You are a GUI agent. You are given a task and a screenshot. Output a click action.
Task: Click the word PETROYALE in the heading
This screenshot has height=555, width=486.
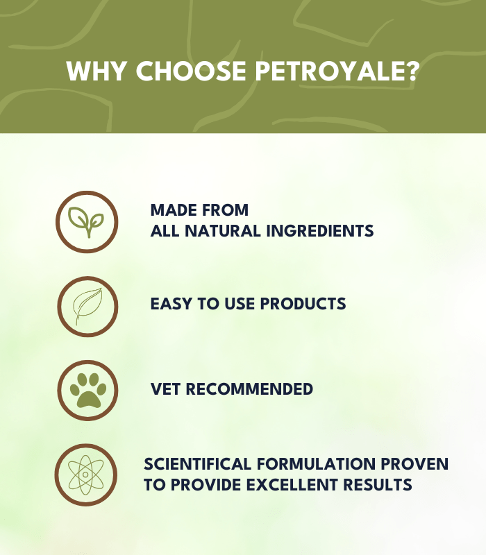[x=331, y=71]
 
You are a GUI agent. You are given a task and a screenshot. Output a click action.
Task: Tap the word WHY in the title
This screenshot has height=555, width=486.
[x=97, y=71]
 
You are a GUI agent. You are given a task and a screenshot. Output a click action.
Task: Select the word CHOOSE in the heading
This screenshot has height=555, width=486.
[x=191, y=71]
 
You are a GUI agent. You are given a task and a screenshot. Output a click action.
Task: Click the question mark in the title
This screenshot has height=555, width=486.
[x=413, y=71]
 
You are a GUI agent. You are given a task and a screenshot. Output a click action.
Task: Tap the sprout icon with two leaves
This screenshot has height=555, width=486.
[x=86, y=222]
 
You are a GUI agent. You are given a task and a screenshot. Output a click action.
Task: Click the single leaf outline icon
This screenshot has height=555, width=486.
[x=88, y=306]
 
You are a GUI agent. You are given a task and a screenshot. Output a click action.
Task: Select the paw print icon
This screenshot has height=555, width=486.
[x=88, y=390]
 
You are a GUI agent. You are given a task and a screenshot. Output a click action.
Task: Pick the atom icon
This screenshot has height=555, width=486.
[x=85, y=475]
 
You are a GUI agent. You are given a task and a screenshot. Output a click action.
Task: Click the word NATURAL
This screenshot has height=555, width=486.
[x=223, y=231]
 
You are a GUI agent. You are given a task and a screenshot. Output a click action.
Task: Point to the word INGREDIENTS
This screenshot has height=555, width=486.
[x=320, y=231]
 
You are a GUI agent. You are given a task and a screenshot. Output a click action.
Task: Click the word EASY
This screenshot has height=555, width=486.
[x=171, y=304]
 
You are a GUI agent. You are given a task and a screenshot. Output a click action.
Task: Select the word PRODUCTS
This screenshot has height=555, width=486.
[x=303, y=304]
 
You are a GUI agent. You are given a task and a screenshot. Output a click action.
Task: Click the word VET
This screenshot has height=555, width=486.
[x=166, y=389]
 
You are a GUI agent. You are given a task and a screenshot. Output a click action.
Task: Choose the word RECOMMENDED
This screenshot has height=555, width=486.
[x=249, y=389]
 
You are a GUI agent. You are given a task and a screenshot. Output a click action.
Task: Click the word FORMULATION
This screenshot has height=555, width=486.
[x=316, y=464]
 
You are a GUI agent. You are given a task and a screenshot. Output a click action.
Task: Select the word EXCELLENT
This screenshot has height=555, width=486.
[x=292, y=484]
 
